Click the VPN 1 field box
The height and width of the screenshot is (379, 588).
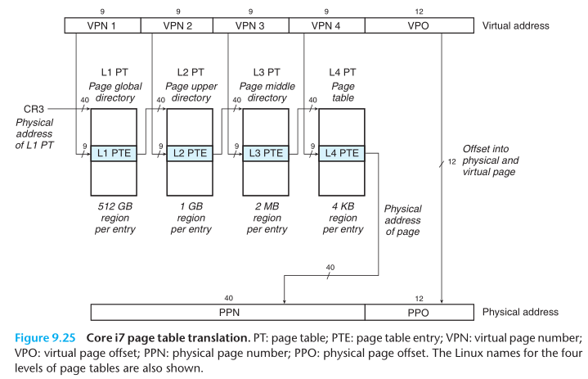(102, 25)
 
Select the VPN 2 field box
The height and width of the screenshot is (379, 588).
(177, 25)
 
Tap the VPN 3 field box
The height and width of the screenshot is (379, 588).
(251, 25)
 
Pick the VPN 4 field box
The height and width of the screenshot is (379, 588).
(326, 25)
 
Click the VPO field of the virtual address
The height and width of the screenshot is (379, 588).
(416, 25)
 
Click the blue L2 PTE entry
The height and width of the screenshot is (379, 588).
(187, 153)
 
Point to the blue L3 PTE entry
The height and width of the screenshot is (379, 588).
(263, 153)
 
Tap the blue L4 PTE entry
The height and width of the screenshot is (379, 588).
(339, 153)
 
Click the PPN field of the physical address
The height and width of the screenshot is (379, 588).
(227, 312)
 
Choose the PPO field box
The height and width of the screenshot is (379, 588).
(416, 312)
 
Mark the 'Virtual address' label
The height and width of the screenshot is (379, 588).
(515, 25)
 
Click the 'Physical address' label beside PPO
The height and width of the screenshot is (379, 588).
(520, 312)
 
